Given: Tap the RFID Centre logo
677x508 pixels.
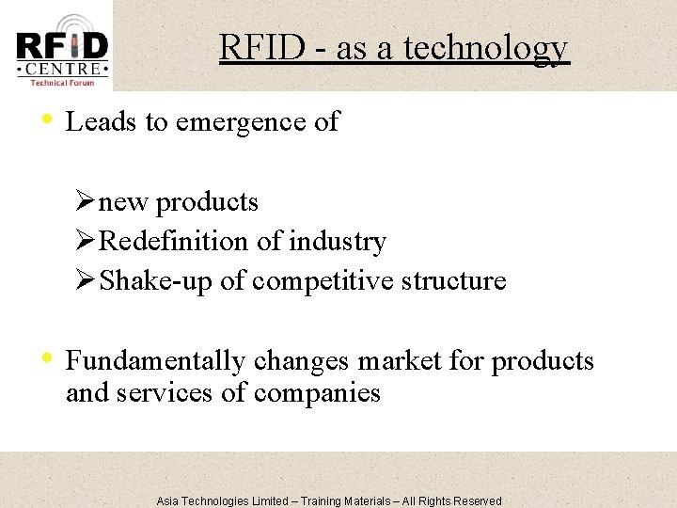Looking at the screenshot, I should tap(62, 47).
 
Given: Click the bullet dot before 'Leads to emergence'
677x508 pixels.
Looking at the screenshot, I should tap(47, 120).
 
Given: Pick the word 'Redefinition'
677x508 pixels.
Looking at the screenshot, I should tap(175, 242).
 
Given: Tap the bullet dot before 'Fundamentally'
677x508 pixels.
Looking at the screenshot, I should tap(47, 359).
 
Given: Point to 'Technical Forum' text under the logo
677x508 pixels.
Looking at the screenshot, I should tap(62, 84).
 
